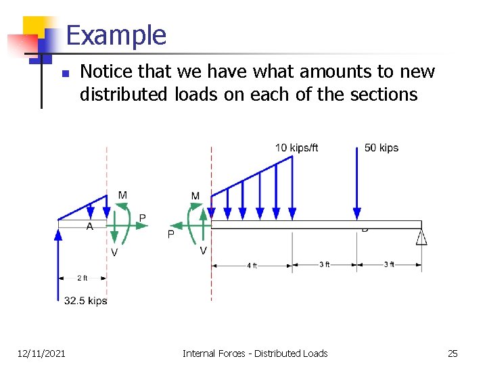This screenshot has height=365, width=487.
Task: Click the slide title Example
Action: [116, 35]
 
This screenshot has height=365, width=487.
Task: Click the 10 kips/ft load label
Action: [296, 148]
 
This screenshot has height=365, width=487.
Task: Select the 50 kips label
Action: [381, 148]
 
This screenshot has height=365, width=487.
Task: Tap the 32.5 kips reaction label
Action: [86, 301]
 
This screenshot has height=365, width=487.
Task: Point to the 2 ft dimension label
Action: [82, 278]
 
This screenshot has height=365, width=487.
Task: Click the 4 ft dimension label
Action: [252, 266]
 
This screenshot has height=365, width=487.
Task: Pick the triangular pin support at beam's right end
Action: [421, 237]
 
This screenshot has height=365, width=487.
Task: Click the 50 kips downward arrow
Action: [357, 182]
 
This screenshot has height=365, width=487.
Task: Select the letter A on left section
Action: [90, 226]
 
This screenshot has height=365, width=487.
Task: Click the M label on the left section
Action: [122, 195]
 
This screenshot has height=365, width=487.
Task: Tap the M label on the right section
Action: [195, 196]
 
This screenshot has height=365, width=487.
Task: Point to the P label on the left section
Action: [142, 218]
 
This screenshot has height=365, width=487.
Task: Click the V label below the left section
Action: [114, 252]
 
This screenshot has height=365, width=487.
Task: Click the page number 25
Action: [453, 353]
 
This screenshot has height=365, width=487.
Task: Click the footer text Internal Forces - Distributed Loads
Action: [255, 353]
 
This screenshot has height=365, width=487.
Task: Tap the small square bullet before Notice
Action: [62, 74]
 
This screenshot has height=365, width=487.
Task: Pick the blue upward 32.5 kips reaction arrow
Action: [58, 264]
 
